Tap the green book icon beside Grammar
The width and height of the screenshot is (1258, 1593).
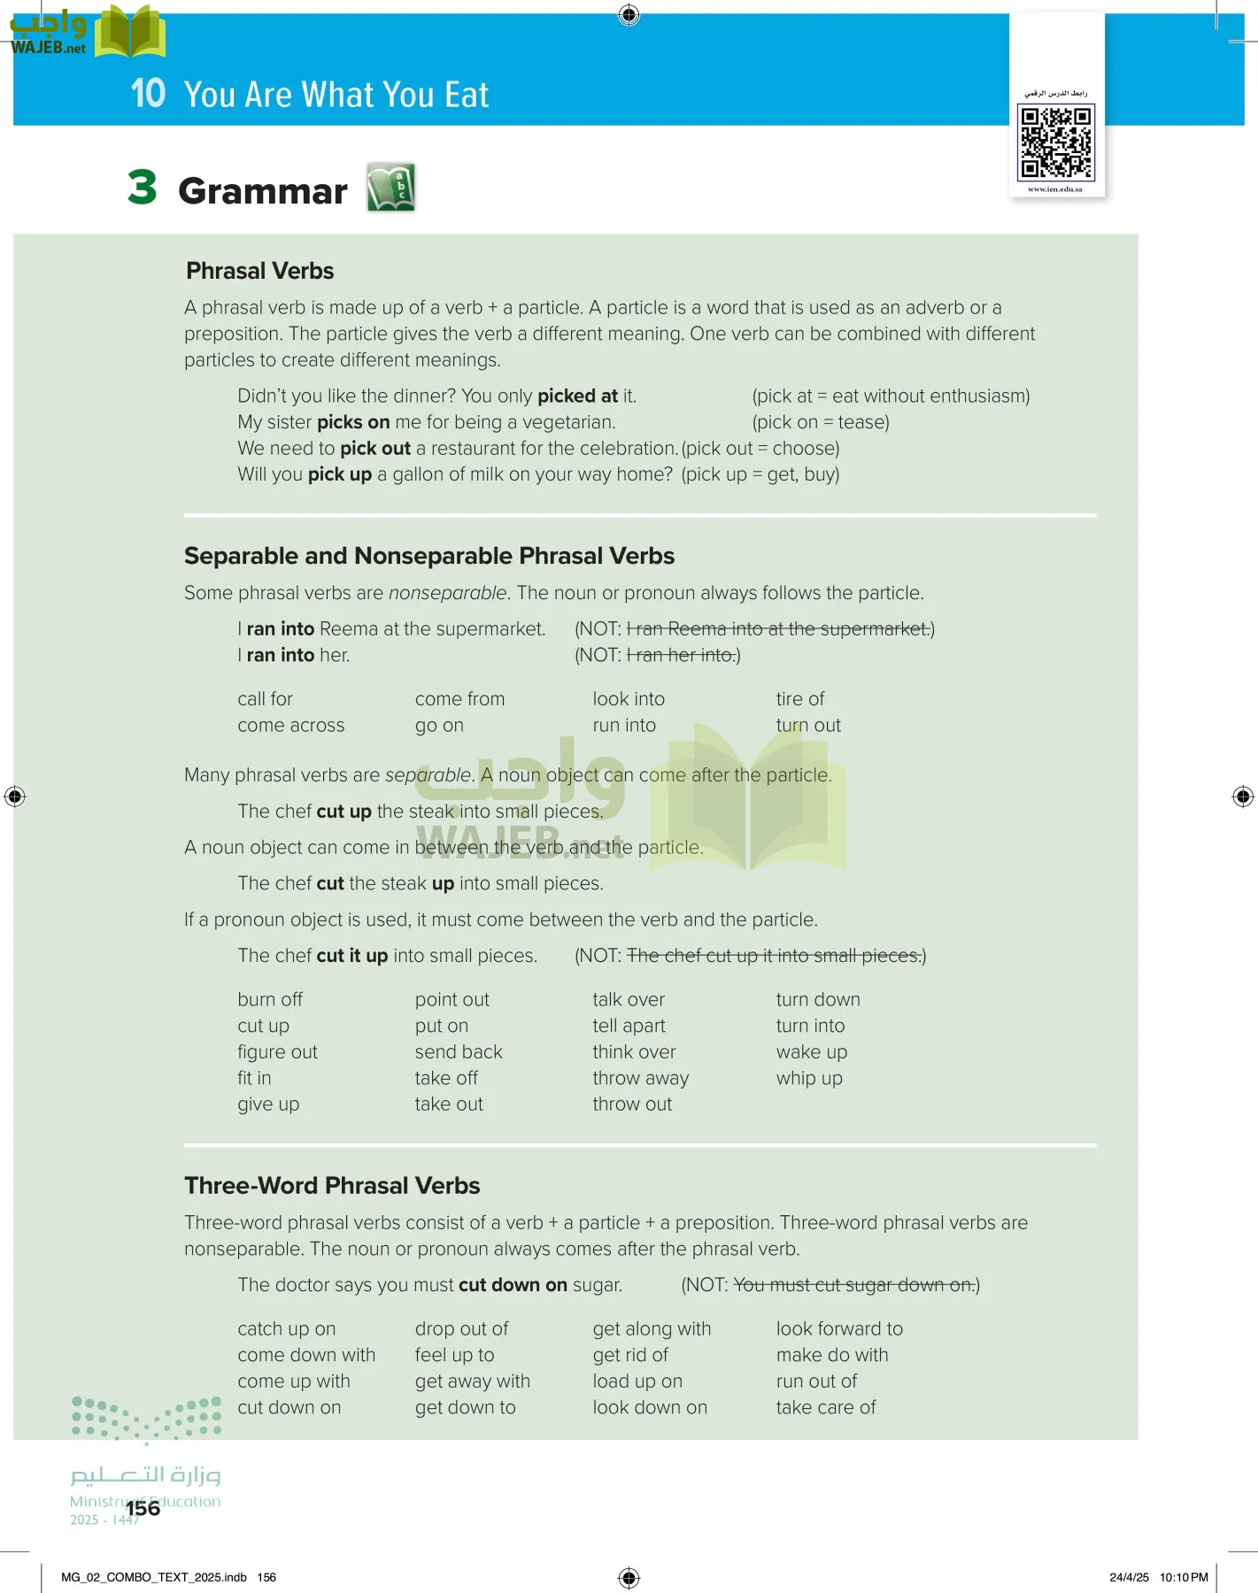pos(391,187)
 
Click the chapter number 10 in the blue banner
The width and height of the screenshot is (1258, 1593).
pos(148,94)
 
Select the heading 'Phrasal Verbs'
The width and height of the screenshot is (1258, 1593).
pos(259,271)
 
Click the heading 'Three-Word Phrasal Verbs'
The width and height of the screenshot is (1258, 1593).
pos(332,1186)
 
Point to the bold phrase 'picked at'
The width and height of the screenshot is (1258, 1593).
pos(577,396)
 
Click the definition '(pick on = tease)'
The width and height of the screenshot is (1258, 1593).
pos(821,422)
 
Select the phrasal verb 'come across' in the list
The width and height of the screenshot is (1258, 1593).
pos(290,725)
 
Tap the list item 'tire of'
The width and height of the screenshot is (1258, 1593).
pos(799,699)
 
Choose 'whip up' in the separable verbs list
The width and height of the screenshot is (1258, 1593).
pos(808,1078)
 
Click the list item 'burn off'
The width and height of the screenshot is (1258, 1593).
pos(270,999)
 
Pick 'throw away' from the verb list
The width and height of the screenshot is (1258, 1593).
pos(640,1078)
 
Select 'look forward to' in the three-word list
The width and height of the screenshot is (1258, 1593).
pos(838,1328)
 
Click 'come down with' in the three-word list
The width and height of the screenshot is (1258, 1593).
pos(306,1355)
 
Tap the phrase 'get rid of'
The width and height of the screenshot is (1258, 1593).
pos(630,1355)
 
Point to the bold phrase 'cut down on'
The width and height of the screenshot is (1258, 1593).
pos(513,1285)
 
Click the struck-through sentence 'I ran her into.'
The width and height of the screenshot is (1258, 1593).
pos(681,655)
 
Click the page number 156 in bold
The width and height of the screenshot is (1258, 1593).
pos(143,1508)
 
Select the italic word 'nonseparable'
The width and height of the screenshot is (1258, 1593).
pos(448,593)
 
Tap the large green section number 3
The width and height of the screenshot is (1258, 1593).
pos(142,188)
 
